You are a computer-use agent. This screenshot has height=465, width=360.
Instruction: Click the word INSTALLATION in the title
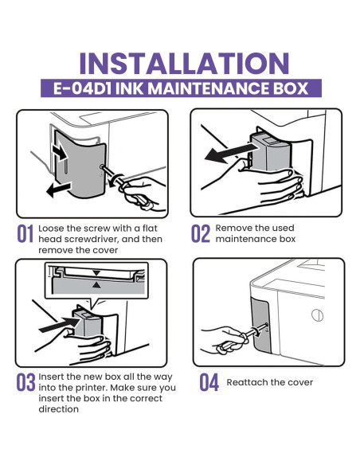pyautogui.click(x=180, y=63)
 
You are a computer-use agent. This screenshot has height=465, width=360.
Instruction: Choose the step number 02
pyautogui.click(x=200, y=234)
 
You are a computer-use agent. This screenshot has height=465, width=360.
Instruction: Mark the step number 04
pyautogui.click(x=209, y=382)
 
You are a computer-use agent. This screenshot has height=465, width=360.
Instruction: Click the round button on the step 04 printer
pyautogui.click(x=317, y=315)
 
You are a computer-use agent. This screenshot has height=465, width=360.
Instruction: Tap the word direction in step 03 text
pyautogui.click(x=57, y=409)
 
